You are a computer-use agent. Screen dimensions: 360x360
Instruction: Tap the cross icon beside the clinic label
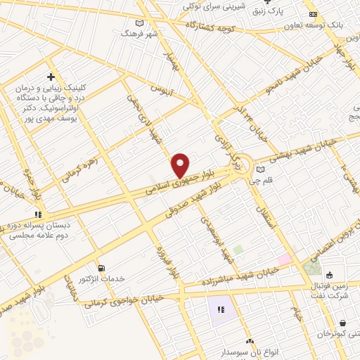51,76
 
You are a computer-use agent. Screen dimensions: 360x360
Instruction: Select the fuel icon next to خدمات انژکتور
103,268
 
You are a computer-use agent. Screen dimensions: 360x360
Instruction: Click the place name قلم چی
281,169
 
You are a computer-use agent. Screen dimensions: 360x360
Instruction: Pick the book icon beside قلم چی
262,169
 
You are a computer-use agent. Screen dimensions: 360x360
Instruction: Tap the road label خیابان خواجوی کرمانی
123,302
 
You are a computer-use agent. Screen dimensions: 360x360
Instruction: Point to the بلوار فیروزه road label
161,262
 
